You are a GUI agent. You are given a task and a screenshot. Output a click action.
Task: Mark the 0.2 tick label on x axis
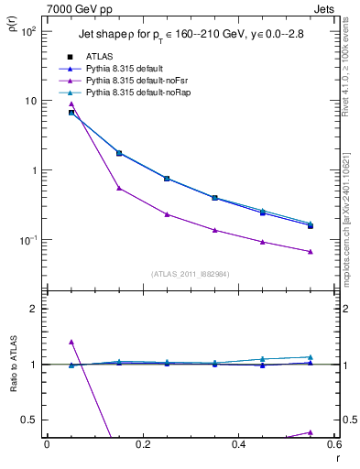click(x=142, y=445)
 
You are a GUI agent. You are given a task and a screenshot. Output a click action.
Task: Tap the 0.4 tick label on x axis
click(x=238, y=445)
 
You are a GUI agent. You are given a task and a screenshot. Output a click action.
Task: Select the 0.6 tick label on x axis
click(x=333, y=445)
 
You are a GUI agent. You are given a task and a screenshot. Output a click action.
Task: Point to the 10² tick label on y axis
click(x=27, y=31)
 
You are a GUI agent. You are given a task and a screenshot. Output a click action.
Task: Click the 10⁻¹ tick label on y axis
click(x=27, y=240)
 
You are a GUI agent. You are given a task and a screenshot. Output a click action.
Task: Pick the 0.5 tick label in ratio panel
click(x=29, y=420)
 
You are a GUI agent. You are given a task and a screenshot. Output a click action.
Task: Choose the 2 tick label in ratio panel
click(x=33, y=309)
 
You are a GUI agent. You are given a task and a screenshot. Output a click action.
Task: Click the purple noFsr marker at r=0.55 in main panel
click(x=310, y=251)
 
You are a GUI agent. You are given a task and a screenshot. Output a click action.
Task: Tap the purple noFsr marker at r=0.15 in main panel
click(x=119, y=188)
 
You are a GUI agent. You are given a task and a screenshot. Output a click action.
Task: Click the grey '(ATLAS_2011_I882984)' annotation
click(x=191, y=273)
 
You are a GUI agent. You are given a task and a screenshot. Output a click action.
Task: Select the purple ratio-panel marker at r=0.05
click(x=71, y=342)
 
